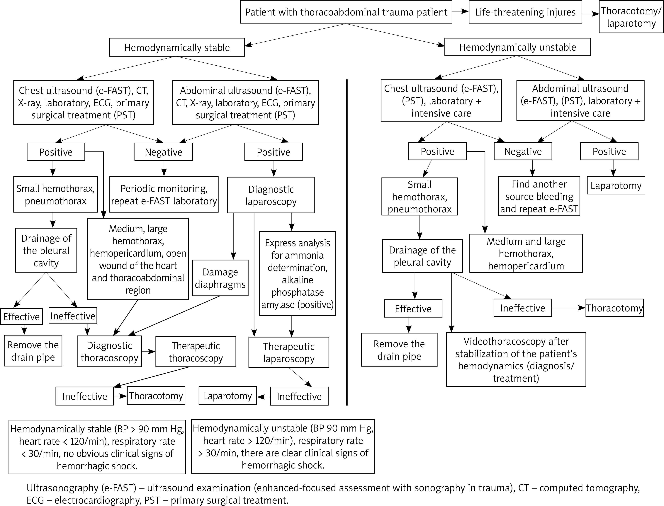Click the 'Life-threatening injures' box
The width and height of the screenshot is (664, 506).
[x=525, y=12]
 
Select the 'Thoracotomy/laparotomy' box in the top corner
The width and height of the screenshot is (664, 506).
[x=631, y=17]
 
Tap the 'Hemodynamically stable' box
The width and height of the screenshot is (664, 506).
[x=177, y=47]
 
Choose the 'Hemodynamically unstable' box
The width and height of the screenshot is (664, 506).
[x=518, y=47]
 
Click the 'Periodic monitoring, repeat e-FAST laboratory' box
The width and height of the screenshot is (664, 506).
[x=164, y=195]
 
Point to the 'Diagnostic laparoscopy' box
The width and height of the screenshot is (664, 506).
[x=271, y=195]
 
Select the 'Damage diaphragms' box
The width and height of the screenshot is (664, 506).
[x=220, y=278]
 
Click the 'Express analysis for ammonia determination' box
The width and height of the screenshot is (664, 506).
[x=298, y=273]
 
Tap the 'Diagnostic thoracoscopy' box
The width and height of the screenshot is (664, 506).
[x=109, y=352]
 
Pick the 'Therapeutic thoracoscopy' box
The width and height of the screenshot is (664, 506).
[x=196, y=352]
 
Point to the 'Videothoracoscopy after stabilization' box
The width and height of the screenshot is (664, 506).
[x=516, y=359]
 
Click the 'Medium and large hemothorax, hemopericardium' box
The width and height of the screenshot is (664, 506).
[x=526, y=253]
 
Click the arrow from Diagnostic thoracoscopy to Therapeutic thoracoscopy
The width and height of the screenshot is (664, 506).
[x=149, y=352]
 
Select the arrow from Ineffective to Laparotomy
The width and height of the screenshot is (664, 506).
[x=264, y=397]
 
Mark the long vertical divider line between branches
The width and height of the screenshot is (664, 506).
[x=347, y=242]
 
